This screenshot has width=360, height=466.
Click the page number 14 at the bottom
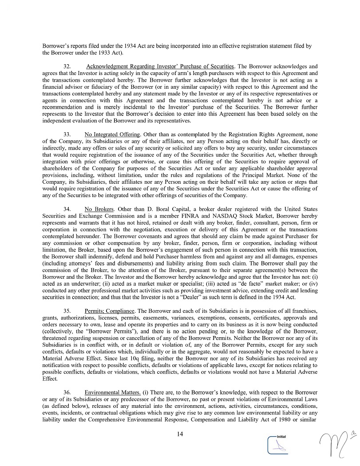[180, 434]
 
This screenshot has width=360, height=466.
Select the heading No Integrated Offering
[112, 134]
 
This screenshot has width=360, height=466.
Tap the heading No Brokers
[99, 209]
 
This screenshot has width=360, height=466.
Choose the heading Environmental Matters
[113, 393]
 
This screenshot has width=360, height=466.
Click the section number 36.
[67, 393]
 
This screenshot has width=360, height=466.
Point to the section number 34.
[67, 209]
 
